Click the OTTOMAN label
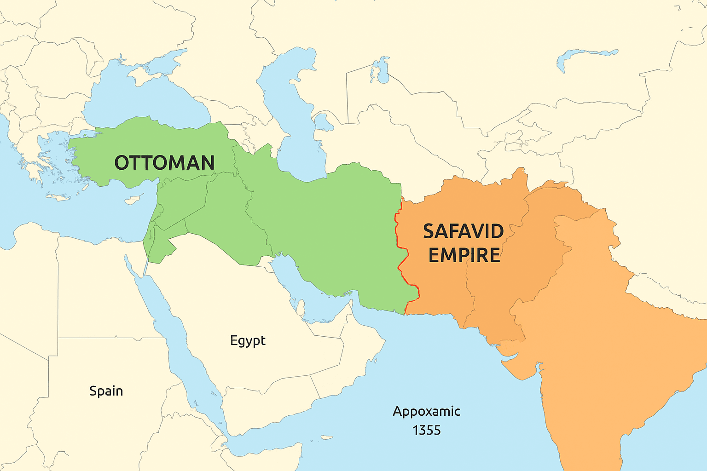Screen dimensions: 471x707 [x=164, y=163]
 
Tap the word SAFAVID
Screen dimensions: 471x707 [x=463, y=231]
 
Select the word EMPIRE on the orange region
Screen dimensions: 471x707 [x=464, y=255]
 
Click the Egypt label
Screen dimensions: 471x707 [x=248, y=340]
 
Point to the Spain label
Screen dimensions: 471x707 [x=106, y=391]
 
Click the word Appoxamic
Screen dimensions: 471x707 [x=426, y=411]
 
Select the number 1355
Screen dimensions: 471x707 [x=426, y=431]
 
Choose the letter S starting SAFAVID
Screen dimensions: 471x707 [x=429, y=231]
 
